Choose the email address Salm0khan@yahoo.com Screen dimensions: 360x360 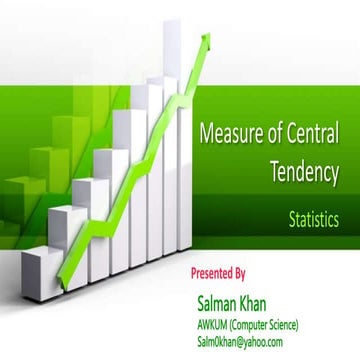click(x=240, y=341)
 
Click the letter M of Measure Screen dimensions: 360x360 click(x=207, y=132)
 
